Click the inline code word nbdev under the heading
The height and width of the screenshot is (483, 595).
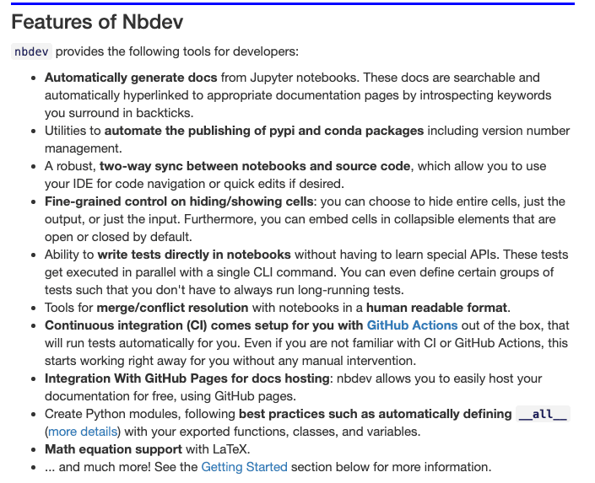point(31,51)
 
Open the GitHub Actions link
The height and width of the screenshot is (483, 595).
point(412,325)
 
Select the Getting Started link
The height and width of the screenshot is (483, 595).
point(244,466)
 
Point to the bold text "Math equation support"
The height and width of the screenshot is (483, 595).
point(112,448)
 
